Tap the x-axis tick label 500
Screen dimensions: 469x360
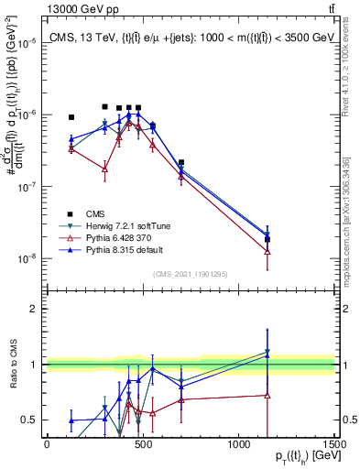click(x=142, y=444)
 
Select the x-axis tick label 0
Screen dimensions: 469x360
click(x=47, y=444)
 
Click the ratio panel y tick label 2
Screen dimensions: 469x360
click(x=34, y=309)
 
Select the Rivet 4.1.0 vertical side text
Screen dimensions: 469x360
click(x=350, y=64)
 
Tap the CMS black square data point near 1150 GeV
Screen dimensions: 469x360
click(x=267, y=240)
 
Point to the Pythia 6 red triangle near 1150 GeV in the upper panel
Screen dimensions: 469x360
click(x=267, y=251)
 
